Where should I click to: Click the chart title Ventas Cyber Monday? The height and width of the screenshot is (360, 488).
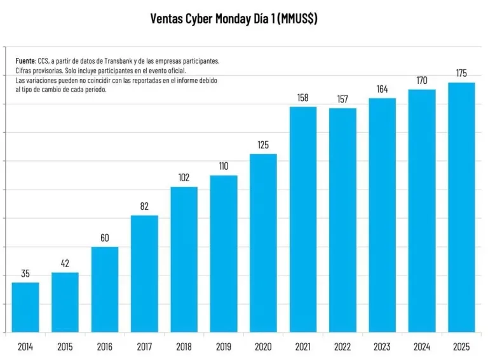[x=234, y=18]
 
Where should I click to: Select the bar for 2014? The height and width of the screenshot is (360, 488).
[x=25, y=307]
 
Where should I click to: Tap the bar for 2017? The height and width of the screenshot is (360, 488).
[x=144, y=273]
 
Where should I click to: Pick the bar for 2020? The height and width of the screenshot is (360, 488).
[x=263, y=243]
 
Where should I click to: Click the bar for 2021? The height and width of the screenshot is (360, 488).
[x=303, y=219]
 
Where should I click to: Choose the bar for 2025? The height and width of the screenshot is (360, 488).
[x=461, y=207]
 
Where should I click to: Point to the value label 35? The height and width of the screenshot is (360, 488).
[x=25, y=273]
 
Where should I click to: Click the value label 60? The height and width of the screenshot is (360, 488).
[x=105, y=238]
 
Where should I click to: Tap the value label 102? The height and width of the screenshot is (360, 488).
[x=184, y=177]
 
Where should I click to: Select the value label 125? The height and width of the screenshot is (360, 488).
[x=263, y=145]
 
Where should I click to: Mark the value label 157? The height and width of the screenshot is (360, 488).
[x=342, y=99]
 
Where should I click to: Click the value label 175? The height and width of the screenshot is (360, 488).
[x=461, y=74]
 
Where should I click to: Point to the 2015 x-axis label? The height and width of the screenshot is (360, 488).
[x=65, y=347]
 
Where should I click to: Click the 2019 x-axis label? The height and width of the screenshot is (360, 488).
[x=224, y=347]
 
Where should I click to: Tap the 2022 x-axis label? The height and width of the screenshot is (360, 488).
[x=342, y=347]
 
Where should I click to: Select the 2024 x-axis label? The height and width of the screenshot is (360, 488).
[x=422, y=347]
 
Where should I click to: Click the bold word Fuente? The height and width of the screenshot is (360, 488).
[x=25, y=60]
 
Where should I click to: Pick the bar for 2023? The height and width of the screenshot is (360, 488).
[x=382, y=215]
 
